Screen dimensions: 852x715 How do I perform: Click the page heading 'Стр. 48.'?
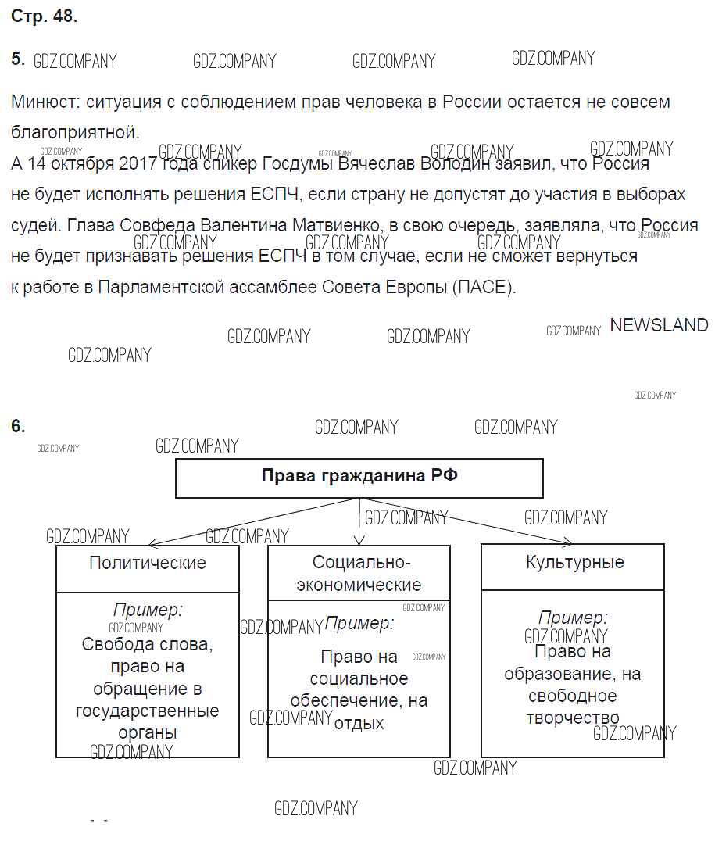[x=45, y=16]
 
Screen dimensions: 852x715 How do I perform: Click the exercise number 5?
[x=18, y=59]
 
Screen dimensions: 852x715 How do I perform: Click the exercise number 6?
[x=18, y=426]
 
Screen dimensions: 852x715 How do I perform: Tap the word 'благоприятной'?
[x=75, y=132]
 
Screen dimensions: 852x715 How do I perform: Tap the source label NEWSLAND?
[x=659, y=325]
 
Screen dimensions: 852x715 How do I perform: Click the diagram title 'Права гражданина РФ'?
[x=359, y=476]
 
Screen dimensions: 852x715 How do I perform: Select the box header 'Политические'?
[x=148, y=563]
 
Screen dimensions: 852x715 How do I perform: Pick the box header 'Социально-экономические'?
[x=359, y=573]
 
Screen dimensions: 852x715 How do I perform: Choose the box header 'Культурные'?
[x=575, y=562]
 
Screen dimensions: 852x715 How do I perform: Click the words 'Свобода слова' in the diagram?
[x=147, y=645]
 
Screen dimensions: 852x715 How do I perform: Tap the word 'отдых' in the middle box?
[x=359, y=723]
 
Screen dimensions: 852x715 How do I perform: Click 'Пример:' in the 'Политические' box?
[x=148, y=610]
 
